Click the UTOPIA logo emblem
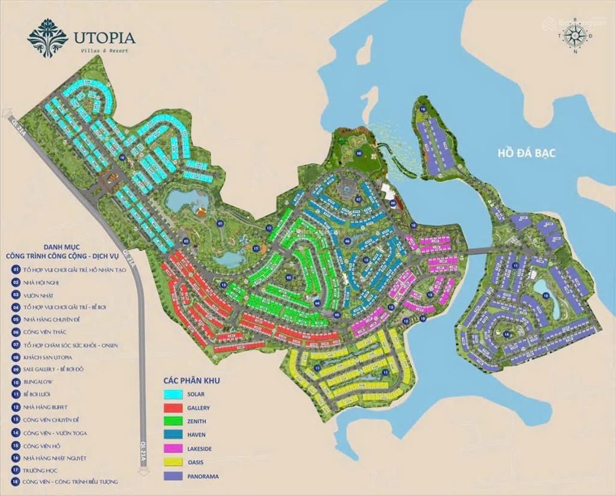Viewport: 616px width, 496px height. point(48,37)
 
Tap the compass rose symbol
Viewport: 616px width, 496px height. point(576,36)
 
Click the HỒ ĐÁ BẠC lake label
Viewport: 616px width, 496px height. point(526,153)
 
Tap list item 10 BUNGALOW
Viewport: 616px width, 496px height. point(41,382)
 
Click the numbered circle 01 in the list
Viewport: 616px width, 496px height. point(16,270)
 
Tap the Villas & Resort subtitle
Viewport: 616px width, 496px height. point(103,51)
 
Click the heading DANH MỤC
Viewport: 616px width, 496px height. point(61,247)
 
